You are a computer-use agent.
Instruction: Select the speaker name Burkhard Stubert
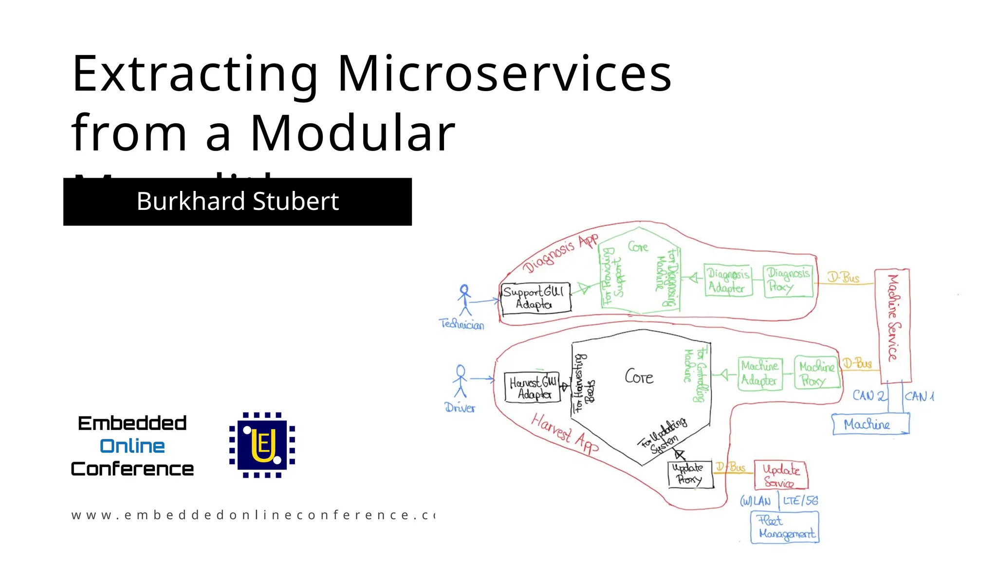coord(238,201)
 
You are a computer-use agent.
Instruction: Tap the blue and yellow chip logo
coord(262,445)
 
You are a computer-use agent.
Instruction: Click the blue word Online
coord(132,446)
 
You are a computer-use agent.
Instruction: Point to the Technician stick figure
coord(465,300)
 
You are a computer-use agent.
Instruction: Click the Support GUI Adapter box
coord(535,298)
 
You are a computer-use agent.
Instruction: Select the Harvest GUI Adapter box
coord(532,388)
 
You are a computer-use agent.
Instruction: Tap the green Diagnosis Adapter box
coord(728,280)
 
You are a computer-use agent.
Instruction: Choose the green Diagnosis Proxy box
coord(788,280)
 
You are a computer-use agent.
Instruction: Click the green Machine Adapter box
coord(760,373)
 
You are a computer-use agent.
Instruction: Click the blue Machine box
coord(869,424)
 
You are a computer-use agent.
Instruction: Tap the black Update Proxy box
coord(690,474)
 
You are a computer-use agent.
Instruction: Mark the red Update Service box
coord(780,475)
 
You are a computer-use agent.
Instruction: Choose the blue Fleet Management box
coord(785,527)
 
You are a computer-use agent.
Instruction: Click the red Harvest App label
coord(564,433)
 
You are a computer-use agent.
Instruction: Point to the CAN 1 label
coord(919,396)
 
